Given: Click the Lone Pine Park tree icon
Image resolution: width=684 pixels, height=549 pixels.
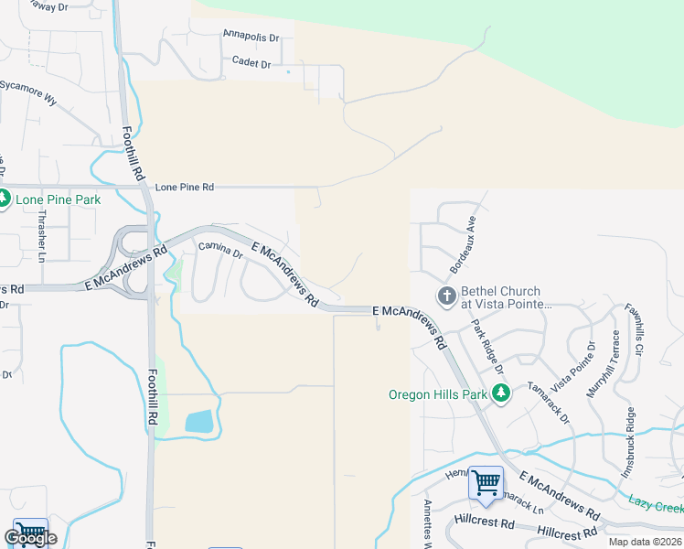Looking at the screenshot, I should point(4,198).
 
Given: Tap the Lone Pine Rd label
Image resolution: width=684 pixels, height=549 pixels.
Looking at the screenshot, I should point(184,187).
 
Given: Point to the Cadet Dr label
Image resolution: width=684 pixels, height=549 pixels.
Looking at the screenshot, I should point(251,63).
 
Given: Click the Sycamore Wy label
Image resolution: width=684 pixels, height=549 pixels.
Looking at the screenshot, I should point(27,92).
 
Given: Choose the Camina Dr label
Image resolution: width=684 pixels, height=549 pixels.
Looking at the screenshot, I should point(220,249).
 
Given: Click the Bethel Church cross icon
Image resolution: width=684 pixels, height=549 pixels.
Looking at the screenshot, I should point(446,296).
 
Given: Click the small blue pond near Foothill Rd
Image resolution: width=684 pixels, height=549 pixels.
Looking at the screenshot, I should point(198,422).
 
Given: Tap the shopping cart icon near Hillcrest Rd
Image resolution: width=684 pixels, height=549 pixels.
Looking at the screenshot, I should point(486,483).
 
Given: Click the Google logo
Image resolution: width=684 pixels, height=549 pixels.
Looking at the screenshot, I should point(30,538).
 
